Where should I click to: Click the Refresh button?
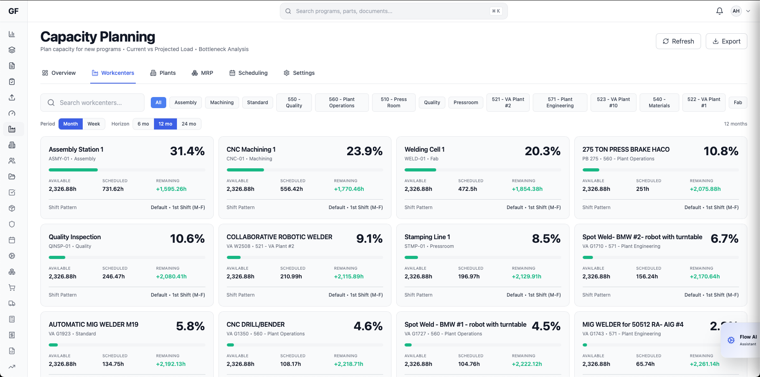(x=678, y=41)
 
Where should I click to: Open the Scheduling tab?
(x=249, y=73)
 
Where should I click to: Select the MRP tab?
(x=202, y=73)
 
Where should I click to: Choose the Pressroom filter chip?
(x=465, y=103)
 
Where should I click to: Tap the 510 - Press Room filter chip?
(x=393, y=103)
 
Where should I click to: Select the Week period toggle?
(x=94, y=124)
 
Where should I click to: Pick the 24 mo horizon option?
(x=189, y=124)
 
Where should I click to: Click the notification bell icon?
(x=719, y=11)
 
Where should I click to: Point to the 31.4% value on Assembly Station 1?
(x=187, y=151)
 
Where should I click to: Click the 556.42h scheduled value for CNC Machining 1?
(x=291, y=189)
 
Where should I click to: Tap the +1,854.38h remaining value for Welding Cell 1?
(x=527, y=189)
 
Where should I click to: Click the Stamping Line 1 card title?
(x=427, y=237)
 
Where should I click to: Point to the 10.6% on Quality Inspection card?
(x=187, y=239)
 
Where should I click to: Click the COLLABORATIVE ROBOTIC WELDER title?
(x=279, y=237)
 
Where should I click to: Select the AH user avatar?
(x=736, y=11)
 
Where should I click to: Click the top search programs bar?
(x=393, y=11)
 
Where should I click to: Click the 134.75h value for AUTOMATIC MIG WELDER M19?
(x=113, y=364)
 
